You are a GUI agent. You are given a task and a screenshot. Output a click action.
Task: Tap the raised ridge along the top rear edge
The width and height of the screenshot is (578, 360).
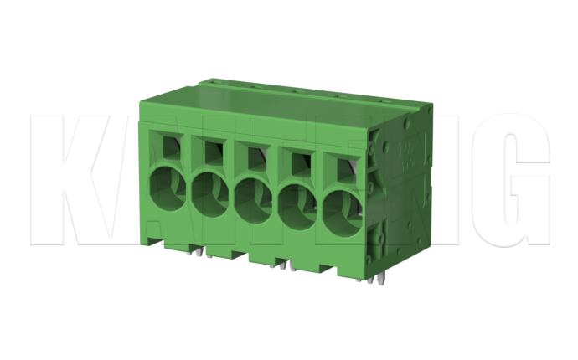click(x=318, y=90)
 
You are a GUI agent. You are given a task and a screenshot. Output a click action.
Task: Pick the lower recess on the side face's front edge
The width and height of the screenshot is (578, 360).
click(x=377, y=239)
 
